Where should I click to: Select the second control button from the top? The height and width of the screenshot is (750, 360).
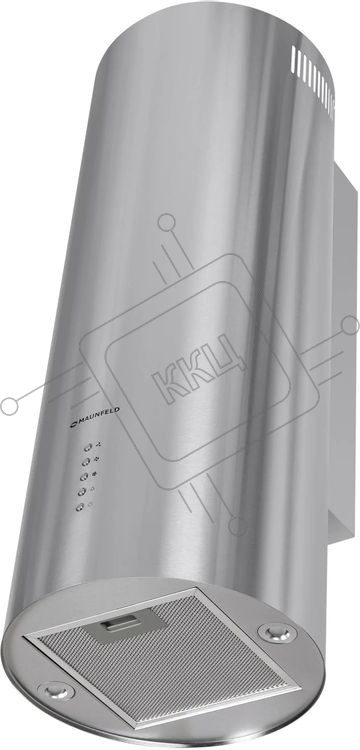coord(86,462)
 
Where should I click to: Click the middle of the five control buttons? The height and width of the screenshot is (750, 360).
coord(84,476)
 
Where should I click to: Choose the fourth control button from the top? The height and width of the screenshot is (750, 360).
coord(82,492)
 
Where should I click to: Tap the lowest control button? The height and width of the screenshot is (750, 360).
coord(80,507)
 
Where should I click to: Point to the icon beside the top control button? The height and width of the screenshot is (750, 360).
coord(99,445)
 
